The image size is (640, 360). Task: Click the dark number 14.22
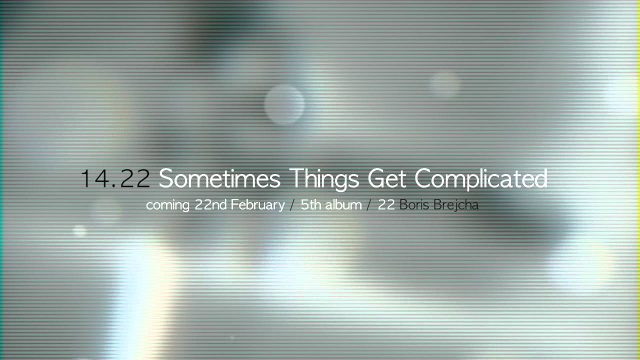pyautogui.click(x=115, y=178)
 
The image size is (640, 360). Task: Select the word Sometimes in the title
pyautogui.click(x=219, y=178)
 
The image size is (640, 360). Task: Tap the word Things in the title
pyautogui.click(x=324, y=179)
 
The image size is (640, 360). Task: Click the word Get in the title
pyautogui.click(x=387, y=178)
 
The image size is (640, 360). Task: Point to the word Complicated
pyautogui.click(x=481, y=179)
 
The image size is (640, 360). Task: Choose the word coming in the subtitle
pyautogui.click(x=167, y=205)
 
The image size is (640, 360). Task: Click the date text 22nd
pyautogui.click(x=211, y=204)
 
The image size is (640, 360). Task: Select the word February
pyautogui.click(x=257, y=205)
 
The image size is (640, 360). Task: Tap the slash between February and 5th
pyautogui.click(x=292, y=205)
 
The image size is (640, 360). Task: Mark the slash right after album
pyautogui.click(x=369, y=205)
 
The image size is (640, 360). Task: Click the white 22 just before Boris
pyautogui.click(x=386, y=204)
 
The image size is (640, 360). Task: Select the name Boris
pyautogui.click(x=414, y=204)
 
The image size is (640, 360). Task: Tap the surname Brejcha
pyautogui.click(x=456, y=205)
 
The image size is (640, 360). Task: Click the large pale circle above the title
pyautogui.click(x=284, y=105)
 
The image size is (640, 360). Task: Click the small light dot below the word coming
pyautogui.click(x=79, y=231)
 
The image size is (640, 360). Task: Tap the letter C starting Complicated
pyautogui.click(x=423, y=178)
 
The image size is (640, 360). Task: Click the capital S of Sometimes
pyautogui.click(x=165, y=178)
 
